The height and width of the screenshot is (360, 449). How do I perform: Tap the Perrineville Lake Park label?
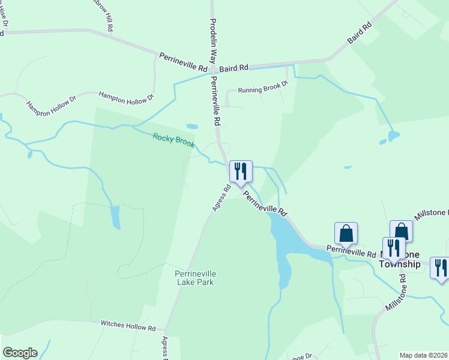[195, 278]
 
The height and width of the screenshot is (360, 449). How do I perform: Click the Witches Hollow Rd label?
[128, 325]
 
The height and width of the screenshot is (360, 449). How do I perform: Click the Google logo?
[20, 353]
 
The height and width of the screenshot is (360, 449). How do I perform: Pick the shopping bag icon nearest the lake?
[346, 233]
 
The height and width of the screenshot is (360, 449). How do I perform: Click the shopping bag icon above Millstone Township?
[401, 232]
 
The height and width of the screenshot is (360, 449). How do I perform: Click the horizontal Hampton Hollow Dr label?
[126, 95]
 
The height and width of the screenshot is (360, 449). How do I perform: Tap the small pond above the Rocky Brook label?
[192, 127]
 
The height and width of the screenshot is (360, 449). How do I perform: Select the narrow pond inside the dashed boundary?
[115, 217]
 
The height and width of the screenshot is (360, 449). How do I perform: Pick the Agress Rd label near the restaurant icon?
[221, 198]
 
